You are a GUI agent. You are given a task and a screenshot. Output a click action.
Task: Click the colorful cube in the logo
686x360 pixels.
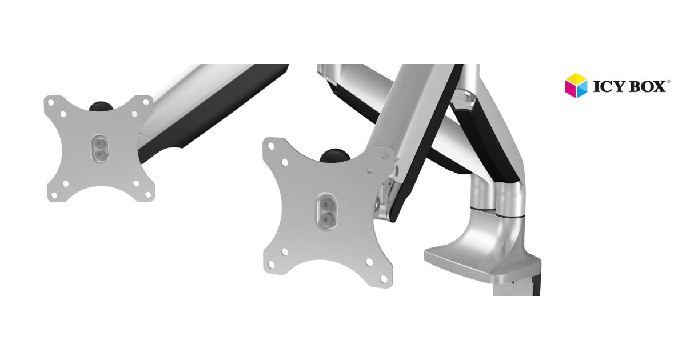coord(576,86)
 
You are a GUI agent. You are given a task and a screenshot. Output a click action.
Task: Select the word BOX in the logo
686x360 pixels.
coord(647,87)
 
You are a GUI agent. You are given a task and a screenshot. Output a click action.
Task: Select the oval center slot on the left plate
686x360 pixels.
coord(100,147)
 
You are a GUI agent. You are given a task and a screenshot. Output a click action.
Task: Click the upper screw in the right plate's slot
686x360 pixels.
coord(327,203)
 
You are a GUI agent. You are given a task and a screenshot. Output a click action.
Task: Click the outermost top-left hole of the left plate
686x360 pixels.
coord(51,102)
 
